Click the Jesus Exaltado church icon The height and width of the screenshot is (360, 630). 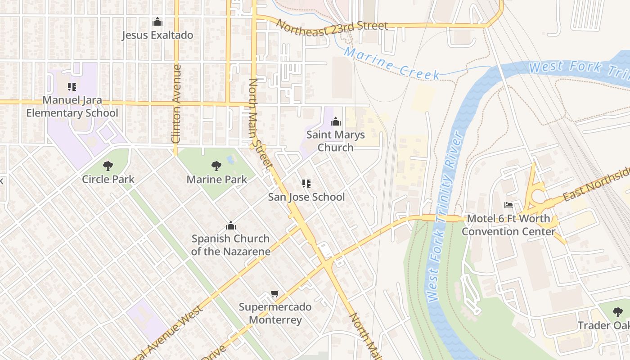(x=157, y=22)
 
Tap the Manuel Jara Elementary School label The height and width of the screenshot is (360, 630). (x=72, y=107)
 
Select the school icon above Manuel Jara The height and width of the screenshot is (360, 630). (x=72, y=86)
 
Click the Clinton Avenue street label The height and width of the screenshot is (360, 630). (x=176, y=103)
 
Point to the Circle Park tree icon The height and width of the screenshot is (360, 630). (x=108, y=166)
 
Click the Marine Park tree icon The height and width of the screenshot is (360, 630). (x=216, y=166)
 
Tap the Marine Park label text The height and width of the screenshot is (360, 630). (x=217, y=180)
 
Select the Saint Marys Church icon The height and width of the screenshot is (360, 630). (x=335, y=121)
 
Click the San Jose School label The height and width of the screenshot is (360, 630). (x=306, y=197)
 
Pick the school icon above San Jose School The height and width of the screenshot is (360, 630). (x=306, y=184)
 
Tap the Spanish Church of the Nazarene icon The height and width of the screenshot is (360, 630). (x=231, y=225)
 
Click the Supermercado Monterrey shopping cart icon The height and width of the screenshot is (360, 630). (x=275, y=294)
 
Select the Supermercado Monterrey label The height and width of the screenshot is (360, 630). (x=275, y=314)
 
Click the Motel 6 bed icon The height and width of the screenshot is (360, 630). (x=508, y=206)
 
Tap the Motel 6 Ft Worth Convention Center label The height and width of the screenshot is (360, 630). (x=508, y=225)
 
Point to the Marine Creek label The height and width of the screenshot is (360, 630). (x=391, y=63)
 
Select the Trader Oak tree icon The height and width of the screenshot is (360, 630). (x=618, y=312)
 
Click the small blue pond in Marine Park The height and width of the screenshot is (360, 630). (x=231, y=159)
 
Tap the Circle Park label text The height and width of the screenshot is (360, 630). (x=108, y=180)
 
